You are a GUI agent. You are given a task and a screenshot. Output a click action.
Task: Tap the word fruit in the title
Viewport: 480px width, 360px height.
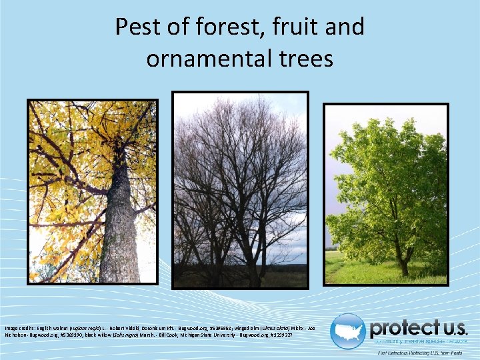point(293,27)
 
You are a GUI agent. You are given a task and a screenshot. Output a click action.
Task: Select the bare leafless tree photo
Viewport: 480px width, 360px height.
point(240,189)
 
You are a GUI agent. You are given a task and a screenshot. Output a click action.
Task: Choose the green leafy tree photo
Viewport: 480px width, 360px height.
point(385,193)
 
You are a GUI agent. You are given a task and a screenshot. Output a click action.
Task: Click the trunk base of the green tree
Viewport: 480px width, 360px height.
point(404,268)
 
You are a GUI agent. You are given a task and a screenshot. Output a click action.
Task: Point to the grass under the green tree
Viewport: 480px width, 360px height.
point(373,273)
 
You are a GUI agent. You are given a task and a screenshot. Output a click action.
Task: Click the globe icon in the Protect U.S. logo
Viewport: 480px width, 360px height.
point(347,331)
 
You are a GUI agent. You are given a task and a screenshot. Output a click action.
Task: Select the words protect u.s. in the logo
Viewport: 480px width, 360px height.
point(419,328)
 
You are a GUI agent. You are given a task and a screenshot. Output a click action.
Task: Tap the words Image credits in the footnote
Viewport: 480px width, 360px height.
point(20,329)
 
